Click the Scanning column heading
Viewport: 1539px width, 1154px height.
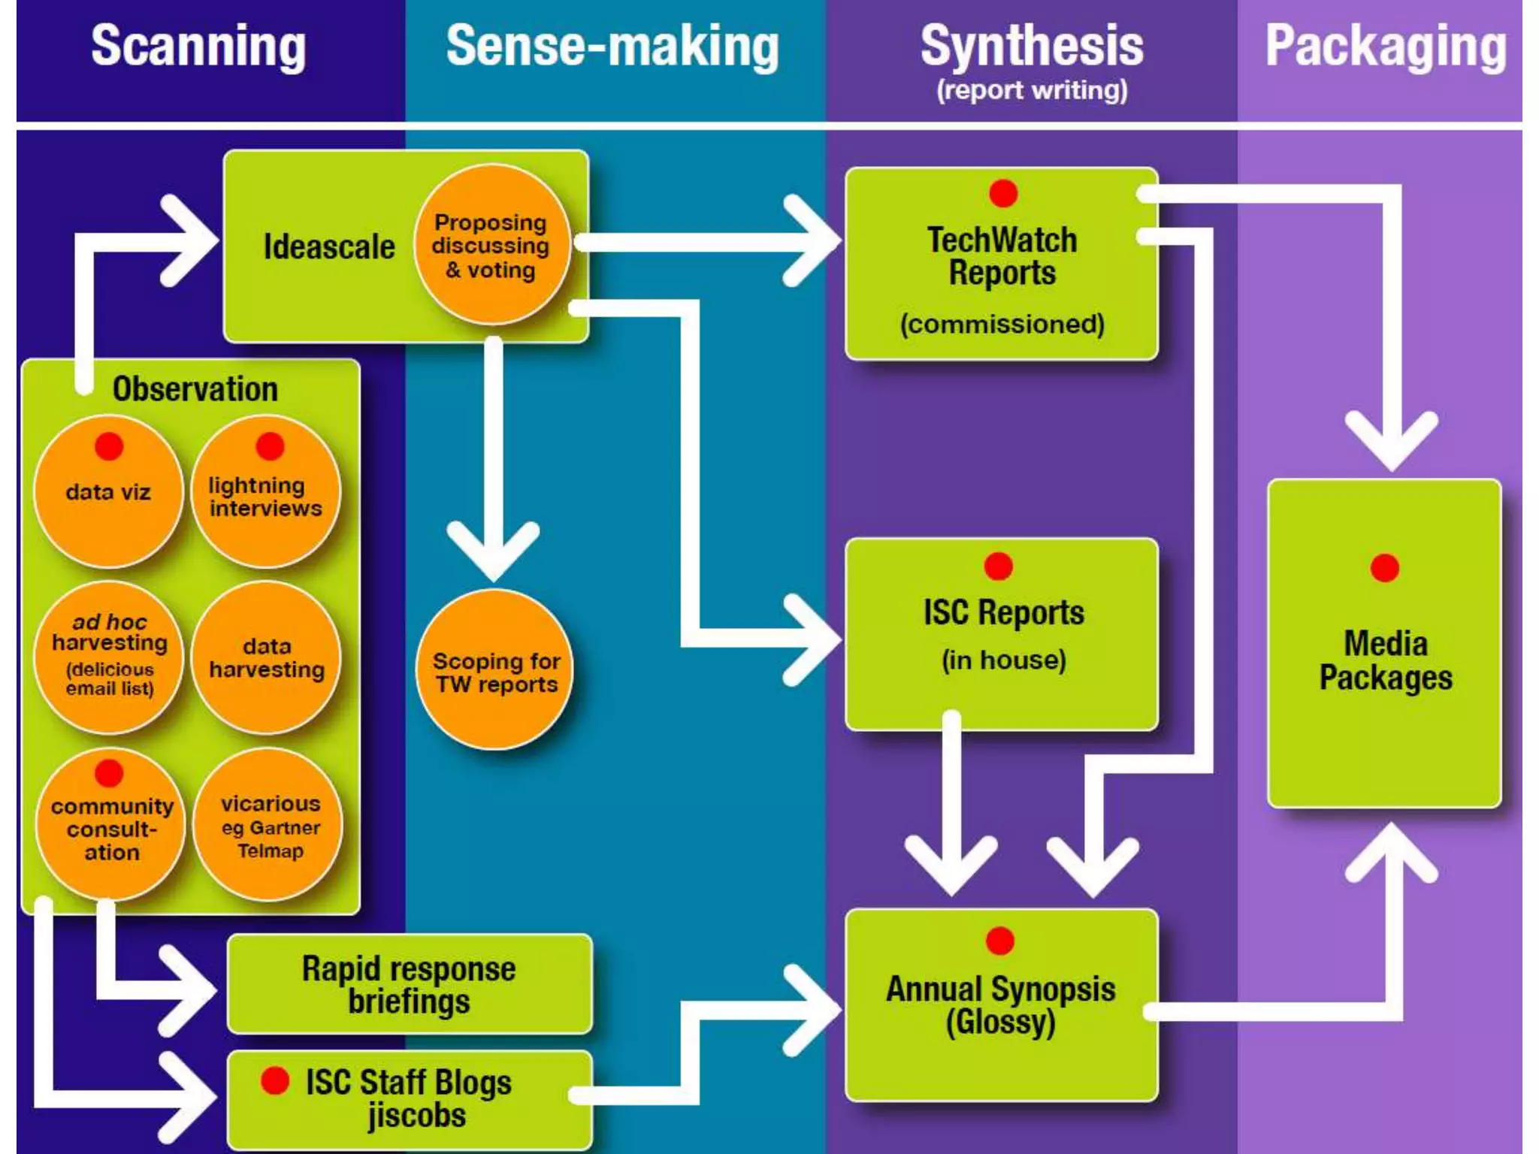click(198, 47)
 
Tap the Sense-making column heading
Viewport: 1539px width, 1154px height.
click(612, 47)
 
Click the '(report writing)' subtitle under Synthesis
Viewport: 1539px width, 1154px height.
click(1031, 90)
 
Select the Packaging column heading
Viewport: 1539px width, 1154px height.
click(1385, 47)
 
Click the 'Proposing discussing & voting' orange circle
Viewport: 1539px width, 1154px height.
click(491, 246)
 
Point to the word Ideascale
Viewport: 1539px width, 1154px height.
click(329, 246)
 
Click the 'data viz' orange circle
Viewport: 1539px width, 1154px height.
click(109, 492)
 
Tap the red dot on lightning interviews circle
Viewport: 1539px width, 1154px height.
click(270, 446)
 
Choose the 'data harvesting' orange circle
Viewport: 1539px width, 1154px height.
click(267, 657)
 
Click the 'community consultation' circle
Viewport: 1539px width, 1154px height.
click(111, 826)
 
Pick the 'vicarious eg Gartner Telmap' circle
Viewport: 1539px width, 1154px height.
click(269, 826)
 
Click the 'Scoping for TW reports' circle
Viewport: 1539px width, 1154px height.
click(495, 671)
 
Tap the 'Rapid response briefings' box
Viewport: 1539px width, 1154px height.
click(410, 984)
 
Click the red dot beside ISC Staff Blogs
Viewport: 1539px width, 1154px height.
click(275, 1080)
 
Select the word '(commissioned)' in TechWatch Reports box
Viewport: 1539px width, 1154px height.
click(1002, 324)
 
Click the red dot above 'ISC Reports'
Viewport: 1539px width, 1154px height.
click(998, 566)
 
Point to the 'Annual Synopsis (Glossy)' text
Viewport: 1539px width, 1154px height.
click(1000, 1004)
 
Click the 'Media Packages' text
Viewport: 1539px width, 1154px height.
click(1385, 660)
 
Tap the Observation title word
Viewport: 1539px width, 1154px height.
click(195, 389)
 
